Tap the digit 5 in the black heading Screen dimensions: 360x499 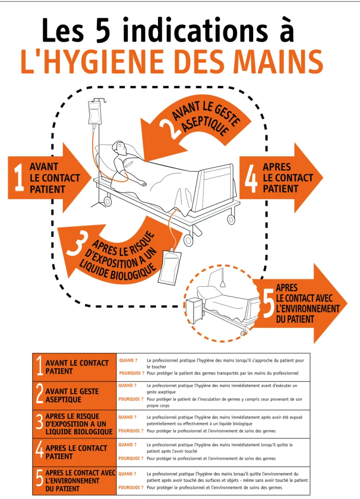[103, 30]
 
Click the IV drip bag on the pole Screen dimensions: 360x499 [95, 112]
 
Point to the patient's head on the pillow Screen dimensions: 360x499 [119, 148]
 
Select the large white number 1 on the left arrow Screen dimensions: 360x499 [19, 177]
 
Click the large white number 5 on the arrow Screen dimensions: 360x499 [268, 305]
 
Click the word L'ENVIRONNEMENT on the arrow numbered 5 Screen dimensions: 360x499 [308, 309]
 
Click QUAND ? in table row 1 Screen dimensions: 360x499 [129, 361]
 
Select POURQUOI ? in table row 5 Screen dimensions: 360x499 [131, 488]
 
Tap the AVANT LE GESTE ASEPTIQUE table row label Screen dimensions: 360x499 [72, 395]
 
